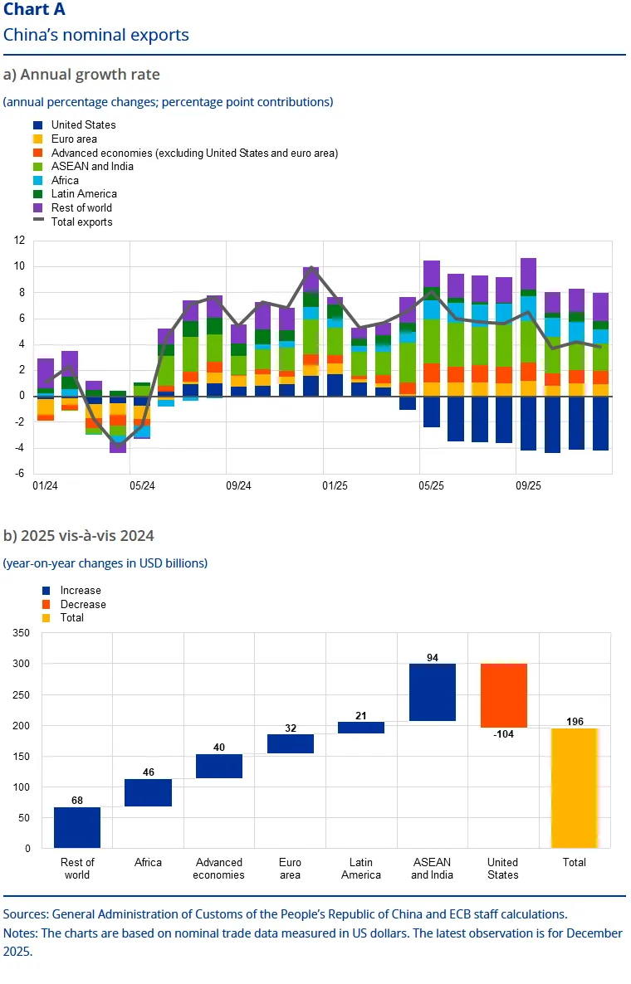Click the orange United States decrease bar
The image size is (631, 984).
click(503, 695)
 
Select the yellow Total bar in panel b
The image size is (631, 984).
click(574, 788)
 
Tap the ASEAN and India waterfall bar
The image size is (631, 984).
click(433, 692)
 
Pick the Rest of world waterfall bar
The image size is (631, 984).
click(77, 828)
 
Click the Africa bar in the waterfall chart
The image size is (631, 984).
click(148, 792)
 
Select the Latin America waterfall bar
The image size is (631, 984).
click(361, 728)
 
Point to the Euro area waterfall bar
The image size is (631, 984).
click(290, 743)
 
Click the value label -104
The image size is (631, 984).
click(503, 734)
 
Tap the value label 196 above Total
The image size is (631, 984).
click(575, 722)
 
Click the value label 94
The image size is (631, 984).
click(433, 658)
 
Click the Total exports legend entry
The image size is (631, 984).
click(73, 222)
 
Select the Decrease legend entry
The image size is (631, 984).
click(74, 604)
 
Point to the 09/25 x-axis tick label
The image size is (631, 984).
click(528, 485)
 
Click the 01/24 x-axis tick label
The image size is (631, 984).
click(45, 485)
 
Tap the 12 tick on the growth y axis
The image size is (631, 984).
click(19, 241)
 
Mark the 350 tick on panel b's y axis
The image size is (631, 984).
click(22, 633)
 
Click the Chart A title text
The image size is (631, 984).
click(35, 9)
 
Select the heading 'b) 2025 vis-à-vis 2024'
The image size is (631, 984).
click(79, 536)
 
